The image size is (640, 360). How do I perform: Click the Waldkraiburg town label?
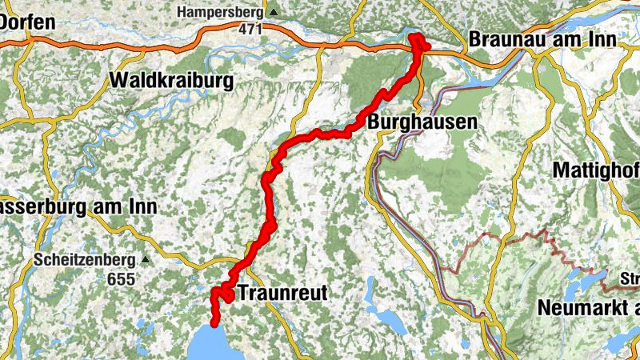[171, 81]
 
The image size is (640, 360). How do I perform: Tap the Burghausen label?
[422, 123]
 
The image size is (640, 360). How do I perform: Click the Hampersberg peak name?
[222, 13]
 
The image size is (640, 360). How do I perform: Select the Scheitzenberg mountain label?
[85, 260]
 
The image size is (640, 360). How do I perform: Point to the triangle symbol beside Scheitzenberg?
[145, 260]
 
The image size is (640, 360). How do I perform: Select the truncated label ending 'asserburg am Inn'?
[78, 206]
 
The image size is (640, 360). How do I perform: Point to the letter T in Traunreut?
[244, 293]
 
